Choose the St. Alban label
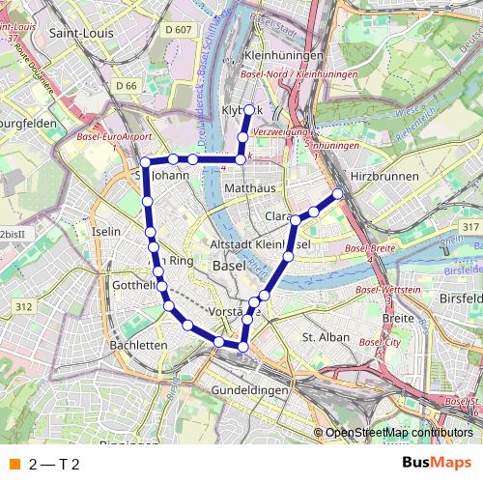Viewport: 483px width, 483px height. (326, 337)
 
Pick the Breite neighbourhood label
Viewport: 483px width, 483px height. (397, 317)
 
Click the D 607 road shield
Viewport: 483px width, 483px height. (178, 30)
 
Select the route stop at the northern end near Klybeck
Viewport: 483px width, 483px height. (248, 109)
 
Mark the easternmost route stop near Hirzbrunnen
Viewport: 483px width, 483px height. (339, 194)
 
